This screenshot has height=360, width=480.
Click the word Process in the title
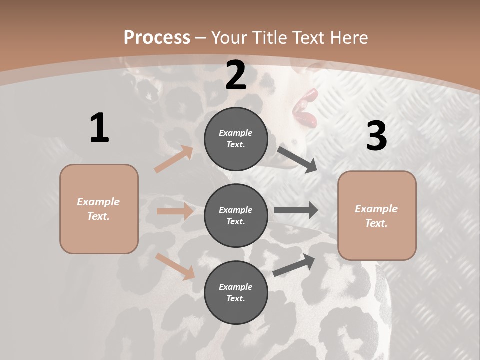(157, 38)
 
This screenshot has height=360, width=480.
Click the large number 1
(99, 128)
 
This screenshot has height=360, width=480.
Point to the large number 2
(236, 75)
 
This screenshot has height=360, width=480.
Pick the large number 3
(376, 136)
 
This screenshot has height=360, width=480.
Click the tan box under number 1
(99, 209)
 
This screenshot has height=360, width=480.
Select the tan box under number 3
(377, 216)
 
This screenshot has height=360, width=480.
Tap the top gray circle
(236, 139)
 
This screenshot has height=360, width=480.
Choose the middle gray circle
(236, 216)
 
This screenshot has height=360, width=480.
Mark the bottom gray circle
(236, 293)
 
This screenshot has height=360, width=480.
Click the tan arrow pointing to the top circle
(174, 159)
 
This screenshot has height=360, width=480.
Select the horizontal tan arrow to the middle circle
(175, 211)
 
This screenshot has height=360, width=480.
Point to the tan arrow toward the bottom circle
(175, 266)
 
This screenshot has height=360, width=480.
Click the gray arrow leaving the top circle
(297, 159)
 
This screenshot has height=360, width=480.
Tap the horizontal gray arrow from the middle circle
(296, 210)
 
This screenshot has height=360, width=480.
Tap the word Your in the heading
(228, 38)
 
